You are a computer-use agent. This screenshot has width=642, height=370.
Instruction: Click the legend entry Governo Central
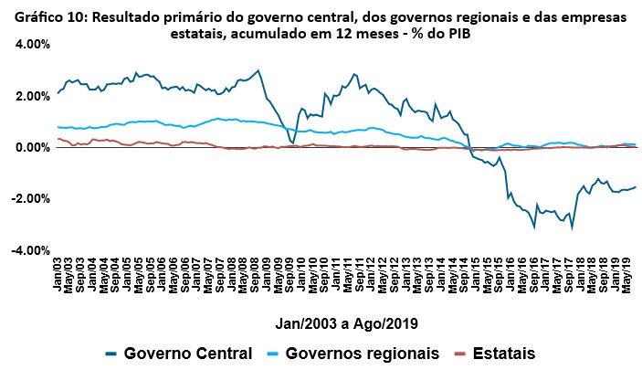coord(186,353)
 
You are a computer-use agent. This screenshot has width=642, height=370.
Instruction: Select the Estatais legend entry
coord(501,353)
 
